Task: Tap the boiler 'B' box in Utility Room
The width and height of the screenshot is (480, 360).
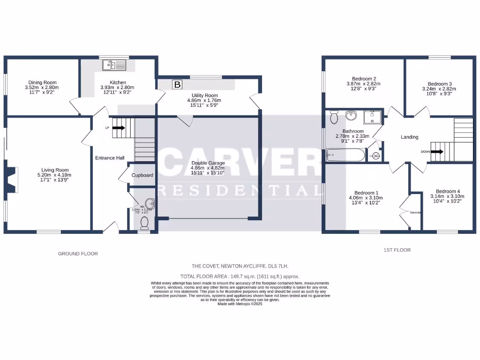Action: point(177,84)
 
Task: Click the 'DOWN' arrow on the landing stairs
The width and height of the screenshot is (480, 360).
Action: point(437,151)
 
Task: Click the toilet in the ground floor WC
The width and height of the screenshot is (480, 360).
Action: point(144,223)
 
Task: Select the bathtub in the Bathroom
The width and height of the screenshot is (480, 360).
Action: point(345,154)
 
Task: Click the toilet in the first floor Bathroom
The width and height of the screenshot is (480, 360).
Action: point(334,116)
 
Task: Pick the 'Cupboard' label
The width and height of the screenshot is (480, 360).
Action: point(142,175)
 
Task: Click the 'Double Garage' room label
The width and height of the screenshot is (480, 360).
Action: point(208,163)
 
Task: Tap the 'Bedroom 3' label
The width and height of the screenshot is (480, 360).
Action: point(439,84)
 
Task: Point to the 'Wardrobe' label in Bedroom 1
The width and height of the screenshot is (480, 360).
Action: point(415,213)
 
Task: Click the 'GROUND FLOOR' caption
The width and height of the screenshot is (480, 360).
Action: point(78,254)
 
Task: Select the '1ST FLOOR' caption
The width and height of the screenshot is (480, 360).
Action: point(397,250)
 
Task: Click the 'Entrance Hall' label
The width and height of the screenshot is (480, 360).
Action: point(110,158)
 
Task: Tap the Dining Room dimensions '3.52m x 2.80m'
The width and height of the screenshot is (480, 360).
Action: point(42,87)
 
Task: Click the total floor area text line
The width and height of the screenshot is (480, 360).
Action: point(240,277)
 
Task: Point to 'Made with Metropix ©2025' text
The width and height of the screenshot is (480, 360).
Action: point(240,304)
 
